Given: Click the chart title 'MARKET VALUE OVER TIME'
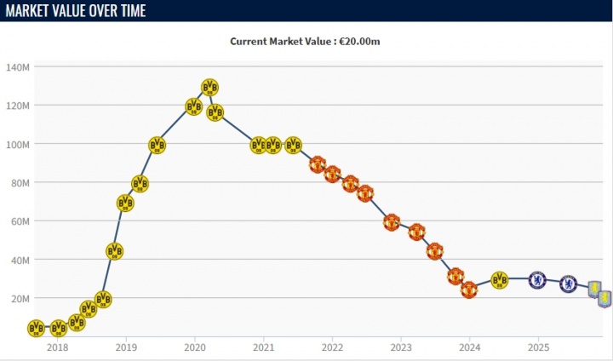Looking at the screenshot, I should point(75,11).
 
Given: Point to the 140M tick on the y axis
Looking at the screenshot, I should point(18,67).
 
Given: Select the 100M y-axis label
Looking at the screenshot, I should point(18,144).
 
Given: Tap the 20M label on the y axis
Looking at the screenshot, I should point(20,298).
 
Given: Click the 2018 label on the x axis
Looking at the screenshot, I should point(57,347).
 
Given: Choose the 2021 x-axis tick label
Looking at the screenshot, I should point(263,347).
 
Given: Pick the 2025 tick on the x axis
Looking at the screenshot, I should point(538,347).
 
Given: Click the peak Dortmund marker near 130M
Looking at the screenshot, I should point(210,87).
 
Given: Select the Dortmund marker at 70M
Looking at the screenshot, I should point(125,203).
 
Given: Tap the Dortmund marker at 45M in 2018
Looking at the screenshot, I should point(115,251).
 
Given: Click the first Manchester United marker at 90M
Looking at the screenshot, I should point(318,164).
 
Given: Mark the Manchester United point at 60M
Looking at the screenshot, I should point(392,222).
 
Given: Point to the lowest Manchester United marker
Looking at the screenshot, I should point(469,289).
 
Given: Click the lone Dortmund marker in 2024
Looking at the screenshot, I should point(500,279).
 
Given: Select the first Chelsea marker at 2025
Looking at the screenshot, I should point(537,279).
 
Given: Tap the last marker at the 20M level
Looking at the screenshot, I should point(604,299).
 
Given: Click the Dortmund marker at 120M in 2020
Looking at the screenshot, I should point(194,106).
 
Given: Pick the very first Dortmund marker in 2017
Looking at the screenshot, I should point(36,328).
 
